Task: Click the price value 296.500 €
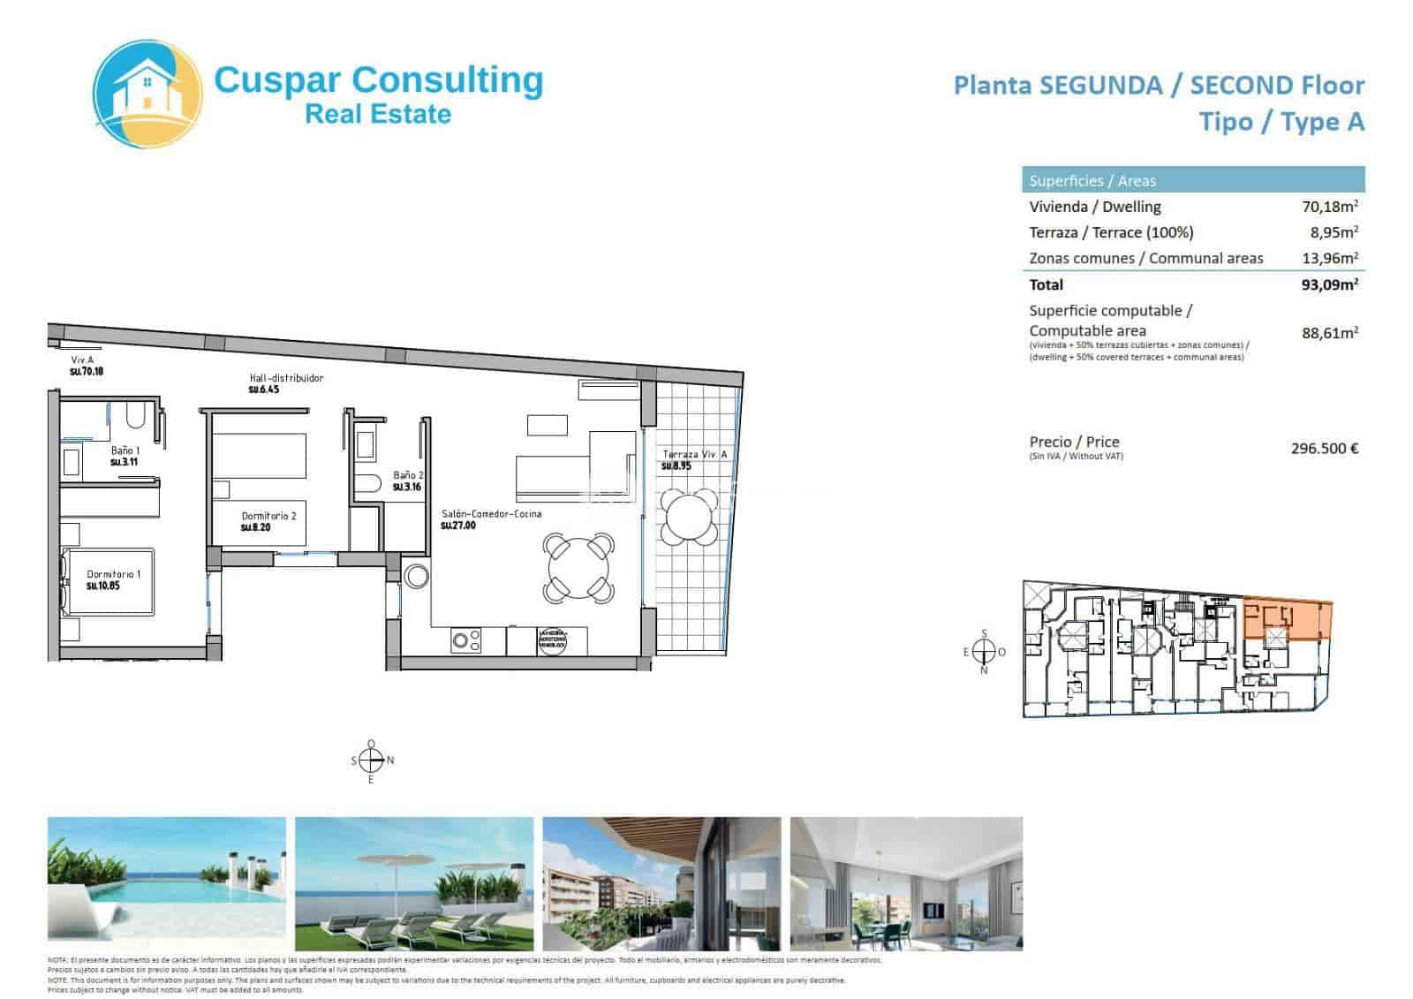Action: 1324,448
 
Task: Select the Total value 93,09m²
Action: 1329,284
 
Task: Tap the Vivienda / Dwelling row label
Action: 1094,207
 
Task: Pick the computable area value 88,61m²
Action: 1329,333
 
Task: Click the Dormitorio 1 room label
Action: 113,575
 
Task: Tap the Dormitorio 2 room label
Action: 268,517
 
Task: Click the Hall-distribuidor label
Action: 286,378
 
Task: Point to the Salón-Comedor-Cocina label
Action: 491,514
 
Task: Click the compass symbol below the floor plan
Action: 372,761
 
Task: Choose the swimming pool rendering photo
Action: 167,882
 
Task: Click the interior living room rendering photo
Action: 906,882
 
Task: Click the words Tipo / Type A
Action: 1281,122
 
